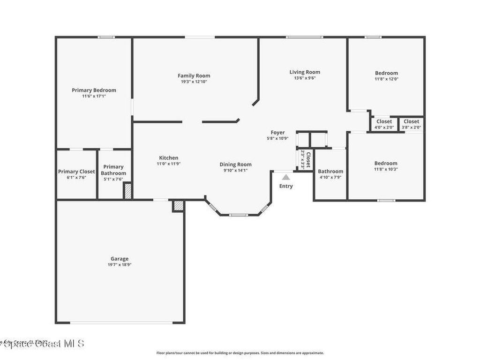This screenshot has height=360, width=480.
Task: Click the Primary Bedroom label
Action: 94,90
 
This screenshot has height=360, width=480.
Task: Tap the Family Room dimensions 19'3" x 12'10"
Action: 194,82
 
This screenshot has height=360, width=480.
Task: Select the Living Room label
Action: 305,72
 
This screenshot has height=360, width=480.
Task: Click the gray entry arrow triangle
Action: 286,177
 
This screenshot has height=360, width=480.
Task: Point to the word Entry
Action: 286,186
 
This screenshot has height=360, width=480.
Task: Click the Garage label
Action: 120,258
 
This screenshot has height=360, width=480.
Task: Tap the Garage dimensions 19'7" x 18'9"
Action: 120,264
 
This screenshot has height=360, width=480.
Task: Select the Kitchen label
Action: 168,158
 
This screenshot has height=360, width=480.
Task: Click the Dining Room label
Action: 235,165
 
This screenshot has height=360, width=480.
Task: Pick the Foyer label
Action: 277,133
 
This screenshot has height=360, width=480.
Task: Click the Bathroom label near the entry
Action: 330,171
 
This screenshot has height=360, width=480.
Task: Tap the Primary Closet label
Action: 76,172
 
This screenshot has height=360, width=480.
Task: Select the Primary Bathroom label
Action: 113,170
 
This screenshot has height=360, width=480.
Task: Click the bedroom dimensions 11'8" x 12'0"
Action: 386,79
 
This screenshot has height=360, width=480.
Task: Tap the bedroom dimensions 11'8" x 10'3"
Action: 386,169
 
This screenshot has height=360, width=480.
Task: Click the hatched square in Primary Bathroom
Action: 127,191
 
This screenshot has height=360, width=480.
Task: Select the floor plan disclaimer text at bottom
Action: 240,353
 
